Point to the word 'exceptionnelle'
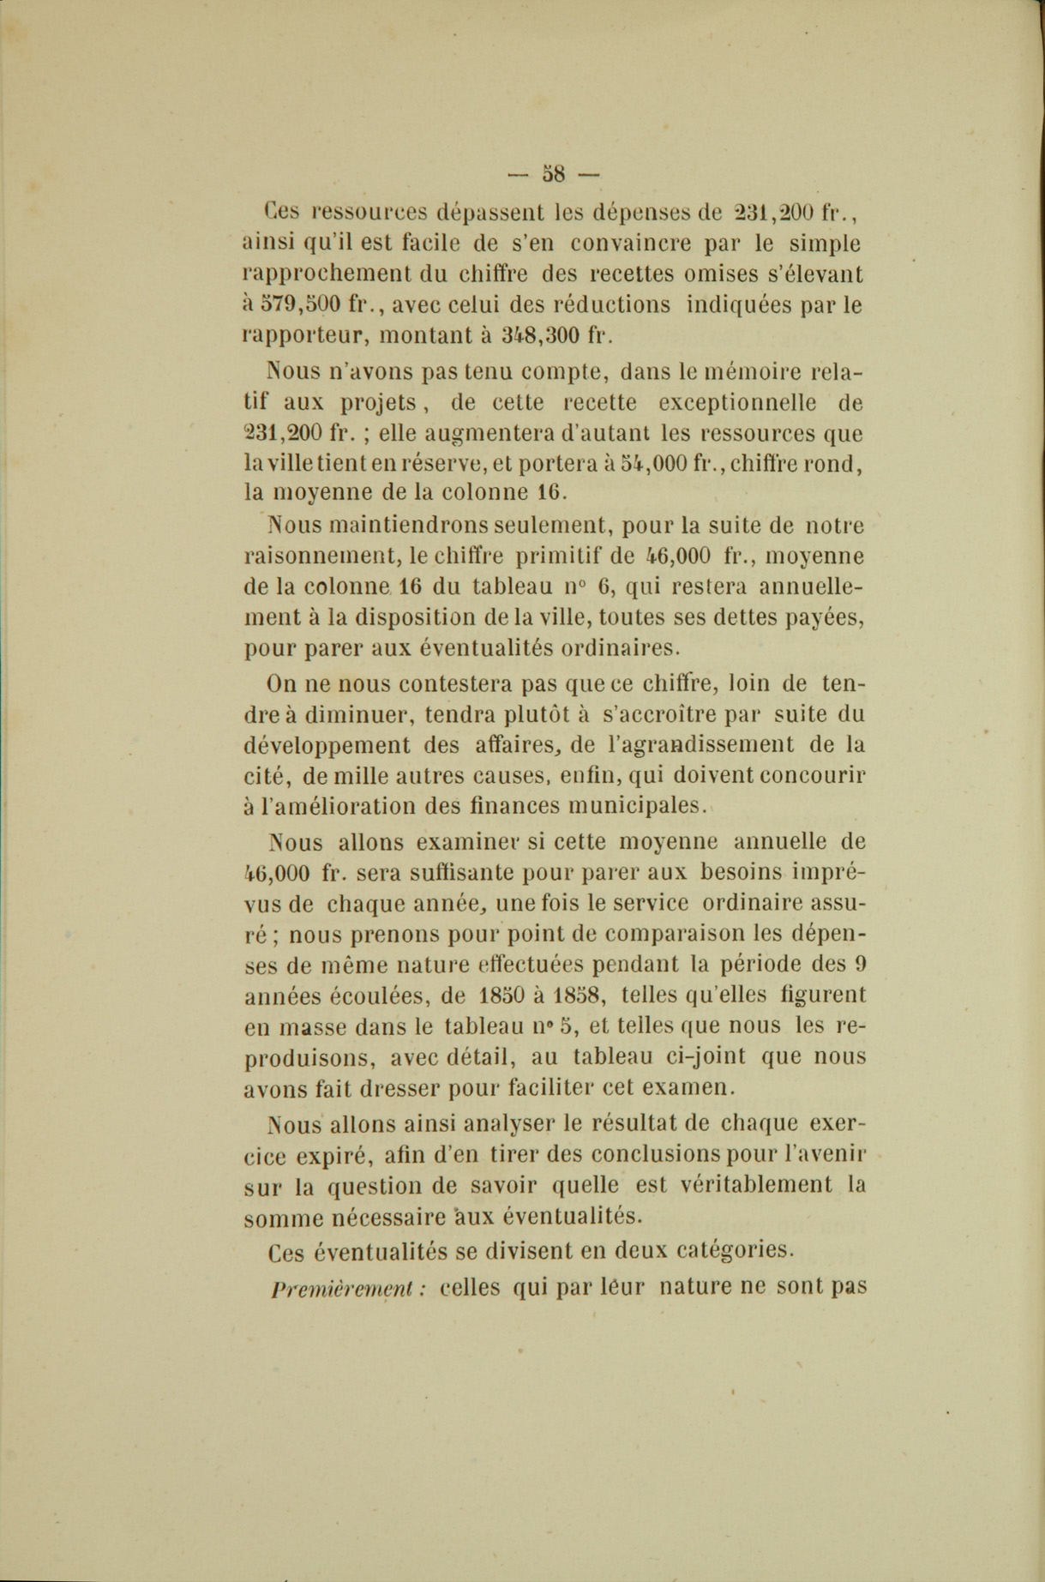click(731, 402)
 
